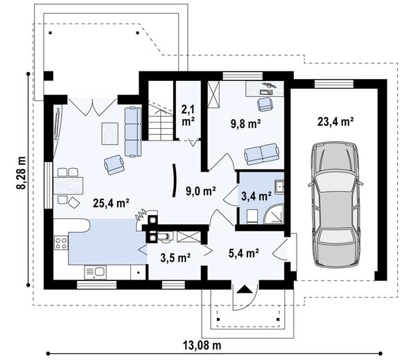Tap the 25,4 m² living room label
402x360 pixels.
tap(111, 203)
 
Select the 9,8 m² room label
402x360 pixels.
tap(245, 124)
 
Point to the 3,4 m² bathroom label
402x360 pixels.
tap(256, 196)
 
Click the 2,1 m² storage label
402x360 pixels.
tap(188, 116)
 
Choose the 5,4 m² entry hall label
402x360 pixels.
tap(243, 253)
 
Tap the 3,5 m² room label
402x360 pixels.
tap(175, 258)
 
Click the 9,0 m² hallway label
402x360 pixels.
tap(201, 191)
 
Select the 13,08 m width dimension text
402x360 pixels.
tap(202, 345)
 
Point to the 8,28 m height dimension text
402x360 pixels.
tap(21, 172)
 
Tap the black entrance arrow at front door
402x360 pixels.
tap(245, 289)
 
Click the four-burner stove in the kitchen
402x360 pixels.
tap(61, 243)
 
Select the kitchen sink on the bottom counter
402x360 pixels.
tap(95, 272)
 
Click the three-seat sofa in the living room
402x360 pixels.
tap(133, 132)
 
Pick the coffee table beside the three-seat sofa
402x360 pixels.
tap(110, 134)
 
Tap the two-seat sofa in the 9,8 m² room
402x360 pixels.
tap(261, 154)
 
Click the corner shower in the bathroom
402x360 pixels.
tap(274, 214)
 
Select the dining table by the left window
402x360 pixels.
tap(69, 186)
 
